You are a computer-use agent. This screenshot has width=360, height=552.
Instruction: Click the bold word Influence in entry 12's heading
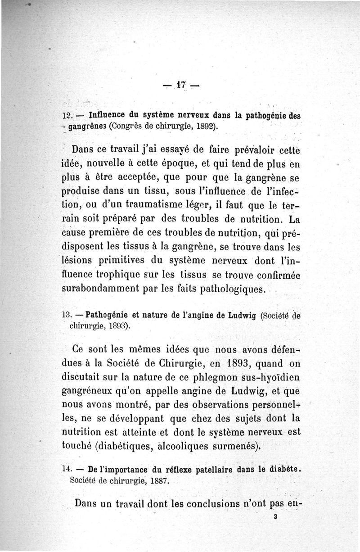click(109, 115)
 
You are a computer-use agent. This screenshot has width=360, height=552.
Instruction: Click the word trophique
click(118, 274)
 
